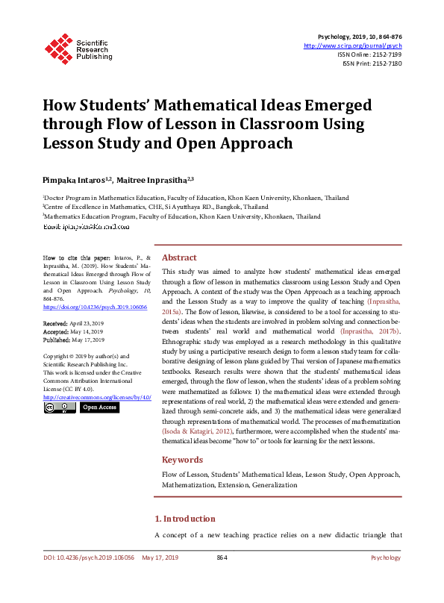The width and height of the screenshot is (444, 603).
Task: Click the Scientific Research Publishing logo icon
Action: pyautogui.click(x=57, y=47)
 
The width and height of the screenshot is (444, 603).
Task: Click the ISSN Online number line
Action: pyautogui.click(x=369, y=54)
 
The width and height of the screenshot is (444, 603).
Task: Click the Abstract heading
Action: pyautogui.click(x=179, y=256)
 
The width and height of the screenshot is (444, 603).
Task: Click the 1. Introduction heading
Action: pyautogui.click(x=184, y=519)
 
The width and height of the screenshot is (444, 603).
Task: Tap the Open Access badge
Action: pyautogui.click(x=99, y=407)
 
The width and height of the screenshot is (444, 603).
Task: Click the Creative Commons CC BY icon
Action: pyautogui.click(x=60, y=407)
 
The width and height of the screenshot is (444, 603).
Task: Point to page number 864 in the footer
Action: pyautogui.click(x=222, y=557)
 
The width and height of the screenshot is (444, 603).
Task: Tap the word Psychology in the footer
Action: pyautogui.click(x=386, y=557)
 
